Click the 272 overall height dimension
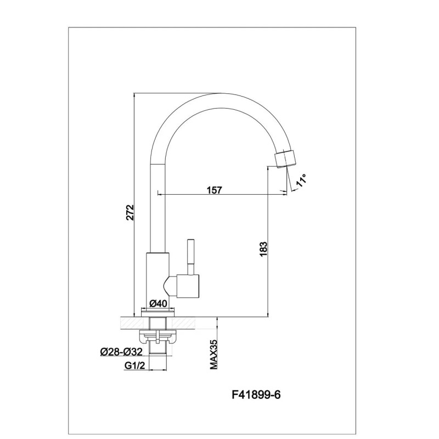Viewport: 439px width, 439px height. pyautogui.click(x=129, y=213)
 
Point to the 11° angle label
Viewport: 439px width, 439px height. pyautogui.click(x=301, y=179)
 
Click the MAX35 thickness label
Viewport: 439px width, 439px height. pyautogui.click(x=215, y=354)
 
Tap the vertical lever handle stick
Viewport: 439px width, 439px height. pyautogui.click(x=190, y=256)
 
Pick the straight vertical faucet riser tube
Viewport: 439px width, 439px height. pyautogui.click(x=157, y=209)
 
